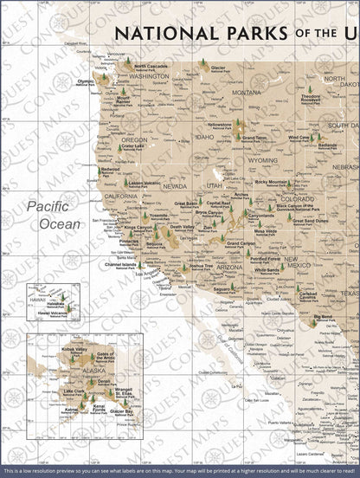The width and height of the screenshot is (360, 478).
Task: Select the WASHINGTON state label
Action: click(148, 76)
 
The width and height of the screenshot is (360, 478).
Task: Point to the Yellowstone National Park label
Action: click(220, 126)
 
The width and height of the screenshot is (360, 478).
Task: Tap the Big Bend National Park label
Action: click(325, 317)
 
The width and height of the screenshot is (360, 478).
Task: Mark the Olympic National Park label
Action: click(85, 83)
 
